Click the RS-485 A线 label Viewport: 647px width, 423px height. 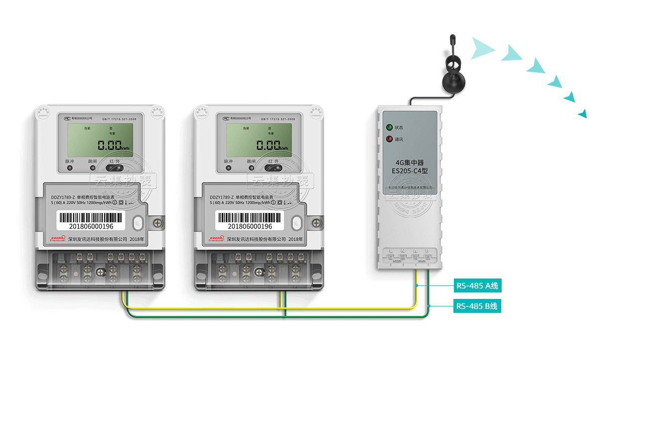pyautogui.click(x=477, y=286)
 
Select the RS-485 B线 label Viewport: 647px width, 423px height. pyautogui.click(x=477, y=306)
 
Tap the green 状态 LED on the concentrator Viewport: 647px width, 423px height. pyautogui.click(x=389, y=127)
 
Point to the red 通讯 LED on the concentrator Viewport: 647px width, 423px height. pyautogui.click(x=389, y=139)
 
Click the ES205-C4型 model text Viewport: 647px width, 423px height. pyautogui.click(x=410, y=171)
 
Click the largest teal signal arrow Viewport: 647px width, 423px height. pyautogui.click(x=482, y=49)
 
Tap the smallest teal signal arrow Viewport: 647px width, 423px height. pyautogui.click(x=583, y=114)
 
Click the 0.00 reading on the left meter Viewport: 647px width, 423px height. pyautogui.click(x=110, y=145)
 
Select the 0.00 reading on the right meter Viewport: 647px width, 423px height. pyautogui.click(x=269, y=145)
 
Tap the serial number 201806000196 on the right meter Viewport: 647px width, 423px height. pyautogui.click(x=249, y=226)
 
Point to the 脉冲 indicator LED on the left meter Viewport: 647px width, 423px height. pyautogui.click(x=69, y=168)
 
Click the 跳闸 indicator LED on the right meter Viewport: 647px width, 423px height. pyautogui.click(x=251, y=168)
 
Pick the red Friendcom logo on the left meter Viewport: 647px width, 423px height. pyautogui.click(x=58, y=239)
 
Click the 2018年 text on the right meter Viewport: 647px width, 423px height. pyautogui.click(x=296, y=239)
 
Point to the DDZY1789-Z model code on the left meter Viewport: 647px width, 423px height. pyautogui.click(x=62, y=197)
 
